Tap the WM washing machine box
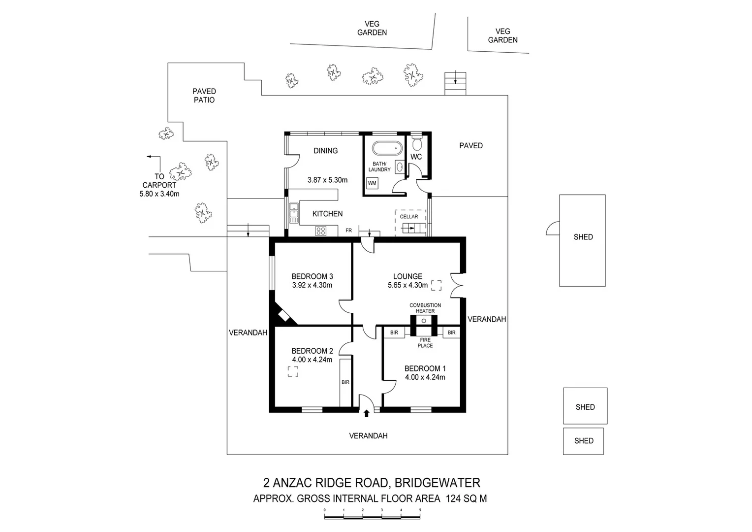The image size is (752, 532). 372,183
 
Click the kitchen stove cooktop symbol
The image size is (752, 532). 321,231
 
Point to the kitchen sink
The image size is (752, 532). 293,213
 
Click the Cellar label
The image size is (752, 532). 409,217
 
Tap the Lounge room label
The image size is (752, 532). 407,276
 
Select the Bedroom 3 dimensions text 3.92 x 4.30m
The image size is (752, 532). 312,285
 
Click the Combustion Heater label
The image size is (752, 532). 425,308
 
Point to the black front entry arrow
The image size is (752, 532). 366,414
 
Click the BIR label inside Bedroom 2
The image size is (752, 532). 345,382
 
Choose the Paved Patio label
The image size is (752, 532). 204,96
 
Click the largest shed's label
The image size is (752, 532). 583,237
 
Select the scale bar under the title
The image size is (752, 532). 372,516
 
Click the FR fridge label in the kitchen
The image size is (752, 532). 349,231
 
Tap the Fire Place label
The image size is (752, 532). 425,343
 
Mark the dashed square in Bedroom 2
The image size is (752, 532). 293,372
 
